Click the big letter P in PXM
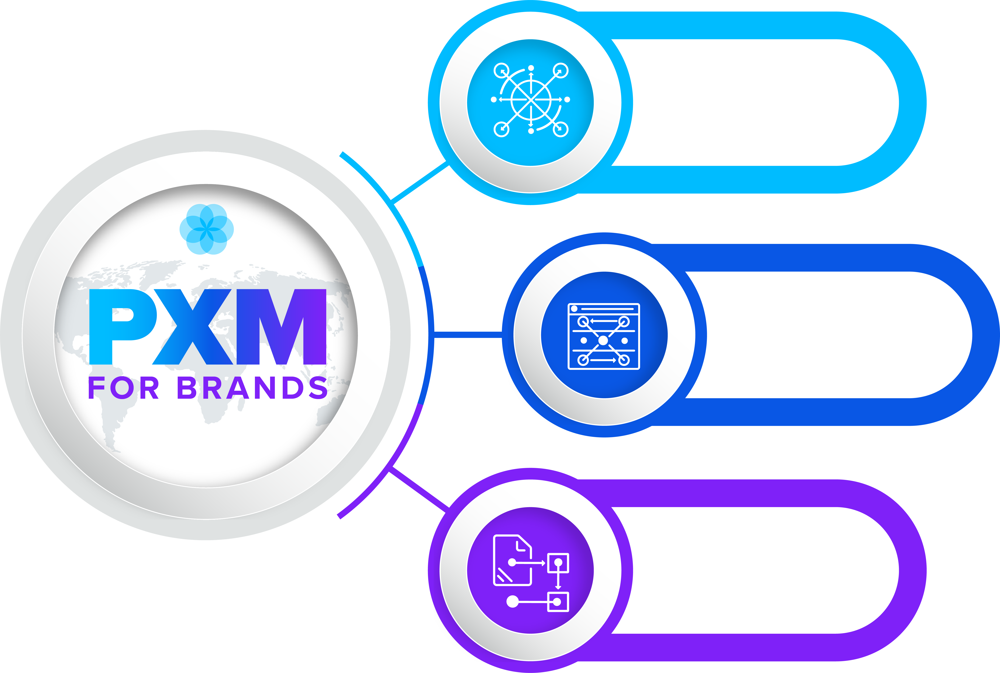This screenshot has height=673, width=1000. pos(122,327)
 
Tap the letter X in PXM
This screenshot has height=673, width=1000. pos(193,327)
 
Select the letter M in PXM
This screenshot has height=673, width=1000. pos(281,327)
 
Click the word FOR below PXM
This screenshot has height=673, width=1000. pos(124,388)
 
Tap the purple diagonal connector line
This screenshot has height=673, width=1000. pos(419,489)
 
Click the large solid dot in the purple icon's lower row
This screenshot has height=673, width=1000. pos(512,601)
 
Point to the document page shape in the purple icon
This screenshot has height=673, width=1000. pos(512,560)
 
